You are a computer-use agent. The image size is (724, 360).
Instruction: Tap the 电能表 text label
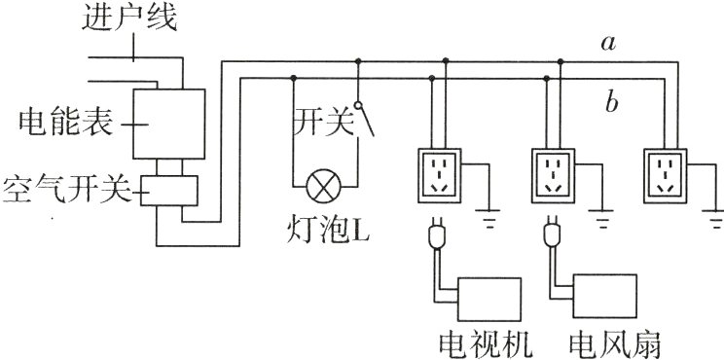[x=56, y=124]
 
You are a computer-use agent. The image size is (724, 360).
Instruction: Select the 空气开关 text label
[x=64, y=188]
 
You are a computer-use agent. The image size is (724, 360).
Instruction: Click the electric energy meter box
[x=168, y=124]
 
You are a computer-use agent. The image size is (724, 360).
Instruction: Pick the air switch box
[x=169, y=191]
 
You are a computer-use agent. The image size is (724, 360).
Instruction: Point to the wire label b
[x=612, y=100]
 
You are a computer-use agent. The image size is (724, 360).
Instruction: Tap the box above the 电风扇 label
[x=603, y=302]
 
